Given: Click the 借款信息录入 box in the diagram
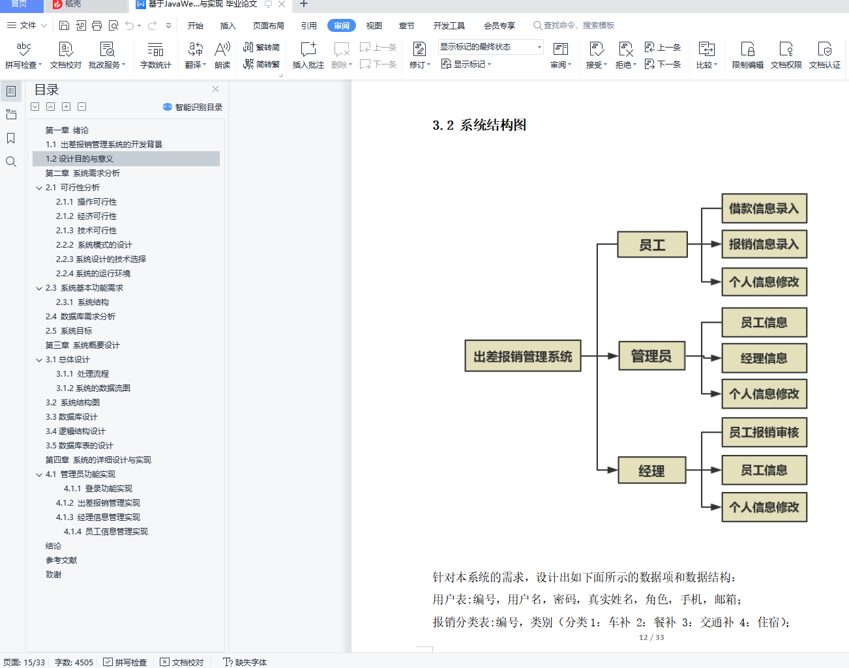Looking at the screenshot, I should pyautogui.click(x=764, y=209).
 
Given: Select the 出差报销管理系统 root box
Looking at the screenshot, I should pyautogui.click(x=522, y=356).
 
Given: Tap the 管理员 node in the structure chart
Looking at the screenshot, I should pyautogui.click(x=651, y=356).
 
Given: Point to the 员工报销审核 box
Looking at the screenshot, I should pyautogui.click(x=764, y=432).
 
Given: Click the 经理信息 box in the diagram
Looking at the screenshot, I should pyautogui.click(x=764, y=358).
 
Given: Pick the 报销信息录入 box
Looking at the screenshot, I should pyautogui.click(x=764, y=244).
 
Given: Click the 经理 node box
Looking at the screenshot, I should pyautogui.click(x=651, y=471).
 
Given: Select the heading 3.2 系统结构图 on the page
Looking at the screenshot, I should pyautogui.click(x=479, y=125).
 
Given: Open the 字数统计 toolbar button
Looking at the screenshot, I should pyautogui.click(x=155, y=55).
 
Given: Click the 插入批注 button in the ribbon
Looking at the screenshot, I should pyautogui.click(x=308, y=55).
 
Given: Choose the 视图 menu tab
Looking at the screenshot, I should pyautogui.click(x=374, y=25).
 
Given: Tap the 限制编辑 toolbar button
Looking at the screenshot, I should pyautogui.click(x=747, y=55).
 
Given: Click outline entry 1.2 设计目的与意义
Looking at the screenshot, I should pyautogui.click(x=80, y=159).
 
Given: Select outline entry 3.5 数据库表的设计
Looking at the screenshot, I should pyautogui.click(x=80, y=446).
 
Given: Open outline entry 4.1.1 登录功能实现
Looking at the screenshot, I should pyautogui.click(x=98, y=489).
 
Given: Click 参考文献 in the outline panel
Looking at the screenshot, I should pyautogui.click(x=61, y=560).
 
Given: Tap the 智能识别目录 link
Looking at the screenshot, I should pyautogui.click(x=193, y=107).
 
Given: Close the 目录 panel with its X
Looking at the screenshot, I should pyautogui.click(x=216, y=89).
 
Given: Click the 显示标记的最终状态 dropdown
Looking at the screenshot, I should pyautogui.click(x=490, y=47).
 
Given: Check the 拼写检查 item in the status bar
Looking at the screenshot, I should pyautogui.click(x=125, y=662).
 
